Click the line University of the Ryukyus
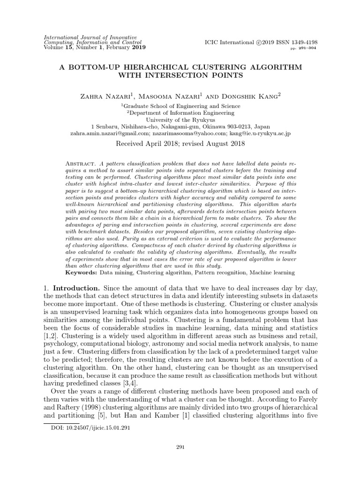[x=180, y=119]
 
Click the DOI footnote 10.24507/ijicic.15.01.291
[x=90, y=428]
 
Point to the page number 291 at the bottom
[x=180, y=448]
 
